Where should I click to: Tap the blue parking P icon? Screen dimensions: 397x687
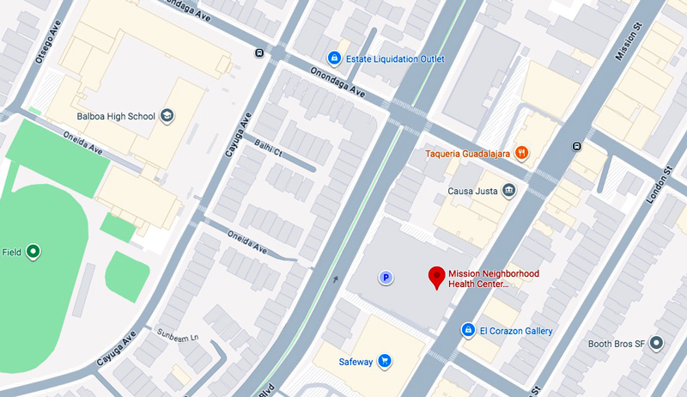click(386, 277)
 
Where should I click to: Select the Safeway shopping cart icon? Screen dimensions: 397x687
click(386, 362)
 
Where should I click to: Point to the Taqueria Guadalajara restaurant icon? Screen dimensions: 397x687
click(520, 154)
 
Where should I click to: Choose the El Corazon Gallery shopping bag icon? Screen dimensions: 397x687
click(468, 330)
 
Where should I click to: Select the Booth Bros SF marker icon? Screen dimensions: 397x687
click(657, 343)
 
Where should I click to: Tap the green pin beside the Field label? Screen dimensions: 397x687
click(33, 252)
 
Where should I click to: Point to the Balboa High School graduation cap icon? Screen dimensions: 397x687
click(167, 116)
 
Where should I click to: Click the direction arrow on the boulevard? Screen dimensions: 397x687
click(335, 278)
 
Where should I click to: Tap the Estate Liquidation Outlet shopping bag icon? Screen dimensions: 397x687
click(334, 58)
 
